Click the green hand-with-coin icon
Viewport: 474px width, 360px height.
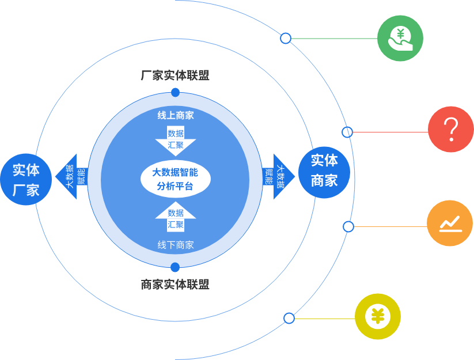click(x=400, y=39)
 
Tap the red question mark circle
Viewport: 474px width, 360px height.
click(x=451, y=130)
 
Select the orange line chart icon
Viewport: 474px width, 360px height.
click(x=450, y=223)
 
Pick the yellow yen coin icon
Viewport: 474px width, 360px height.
click(x=378, y=316)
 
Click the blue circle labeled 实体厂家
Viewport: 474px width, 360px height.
click(x=26, y=179)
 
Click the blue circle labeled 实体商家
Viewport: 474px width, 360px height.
click(x=324, y=171)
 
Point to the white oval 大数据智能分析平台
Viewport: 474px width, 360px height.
click(x=175, y=179)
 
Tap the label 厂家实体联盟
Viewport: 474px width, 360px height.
click(x=175, y=75)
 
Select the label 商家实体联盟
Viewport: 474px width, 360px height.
click(x=175, y=284)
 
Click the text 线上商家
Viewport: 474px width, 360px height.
click(x=176, y=115)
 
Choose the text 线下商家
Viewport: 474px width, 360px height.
click(x=176, y=245)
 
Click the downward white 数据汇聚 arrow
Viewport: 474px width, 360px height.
click(x=176, y=140)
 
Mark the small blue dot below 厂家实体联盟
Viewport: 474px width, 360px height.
click(x=175, y=93)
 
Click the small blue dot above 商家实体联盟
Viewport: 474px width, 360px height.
click(x=175, y=267)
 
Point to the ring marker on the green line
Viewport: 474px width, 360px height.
click(x=286, y=39)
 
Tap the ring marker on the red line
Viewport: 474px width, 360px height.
click(x=347, y=132)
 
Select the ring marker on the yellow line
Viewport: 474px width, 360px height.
click(x=289, y=318)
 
